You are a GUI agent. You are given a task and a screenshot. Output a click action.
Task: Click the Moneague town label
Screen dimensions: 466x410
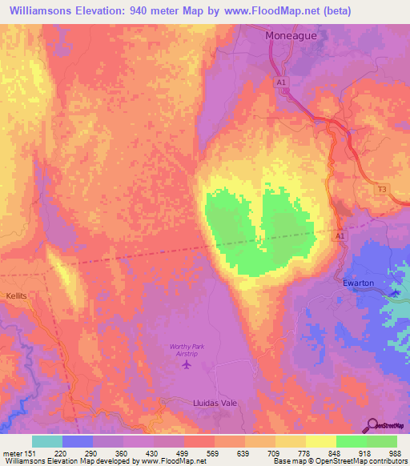coord(293,37)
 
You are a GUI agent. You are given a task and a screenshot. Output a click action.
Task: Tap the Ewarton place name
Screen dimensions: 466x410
coord(357,283)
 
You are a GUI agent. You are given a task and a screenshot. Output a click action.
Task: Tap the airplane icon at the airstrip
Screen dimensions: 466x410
coord(187,365)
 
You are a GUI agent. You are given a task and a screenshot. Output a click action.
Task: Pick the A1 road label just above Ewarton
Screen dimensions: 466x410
coord(340,236)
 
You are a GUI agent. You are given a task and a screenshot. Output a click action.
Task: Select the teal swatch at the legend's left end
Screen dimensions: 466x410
coord(46,441)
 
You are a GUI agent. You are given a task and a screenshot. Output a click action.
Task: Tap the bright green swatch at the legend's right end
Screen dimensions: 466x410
coord(381,441)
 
